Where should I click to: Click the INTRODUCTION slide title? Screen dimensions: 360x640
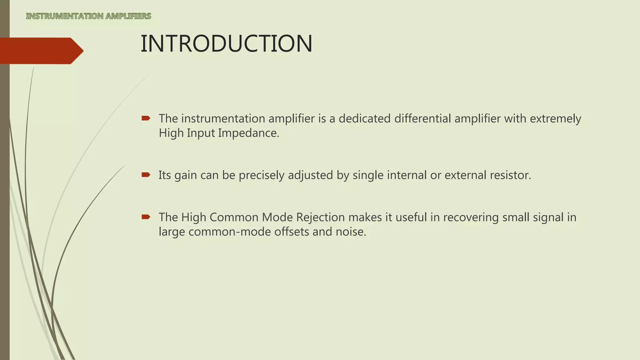pyautogui.click(x=226, y=44)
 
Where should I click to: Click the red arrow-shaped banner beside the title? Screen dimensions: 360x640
pyautogui.click(x=41, y=51)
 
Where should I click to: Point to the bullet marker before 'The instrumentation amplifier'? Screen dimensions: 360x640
pyautogui.click(x=146, y=118)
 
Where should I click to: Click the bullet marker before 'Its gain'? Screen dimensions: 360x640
pyautogui.click(x=146, y=175)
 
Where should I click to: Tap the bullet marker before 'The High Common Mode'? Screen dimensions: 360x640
pyautogui.click(x=146, y=217)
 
